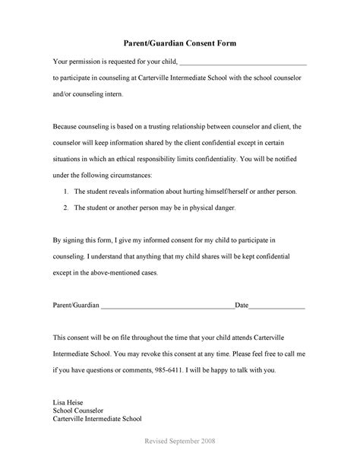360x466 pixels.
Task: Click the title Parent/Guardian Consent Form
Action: (x=180, y=44)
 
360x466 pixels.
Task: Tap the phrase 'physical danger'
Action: (x=213, y=208)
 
